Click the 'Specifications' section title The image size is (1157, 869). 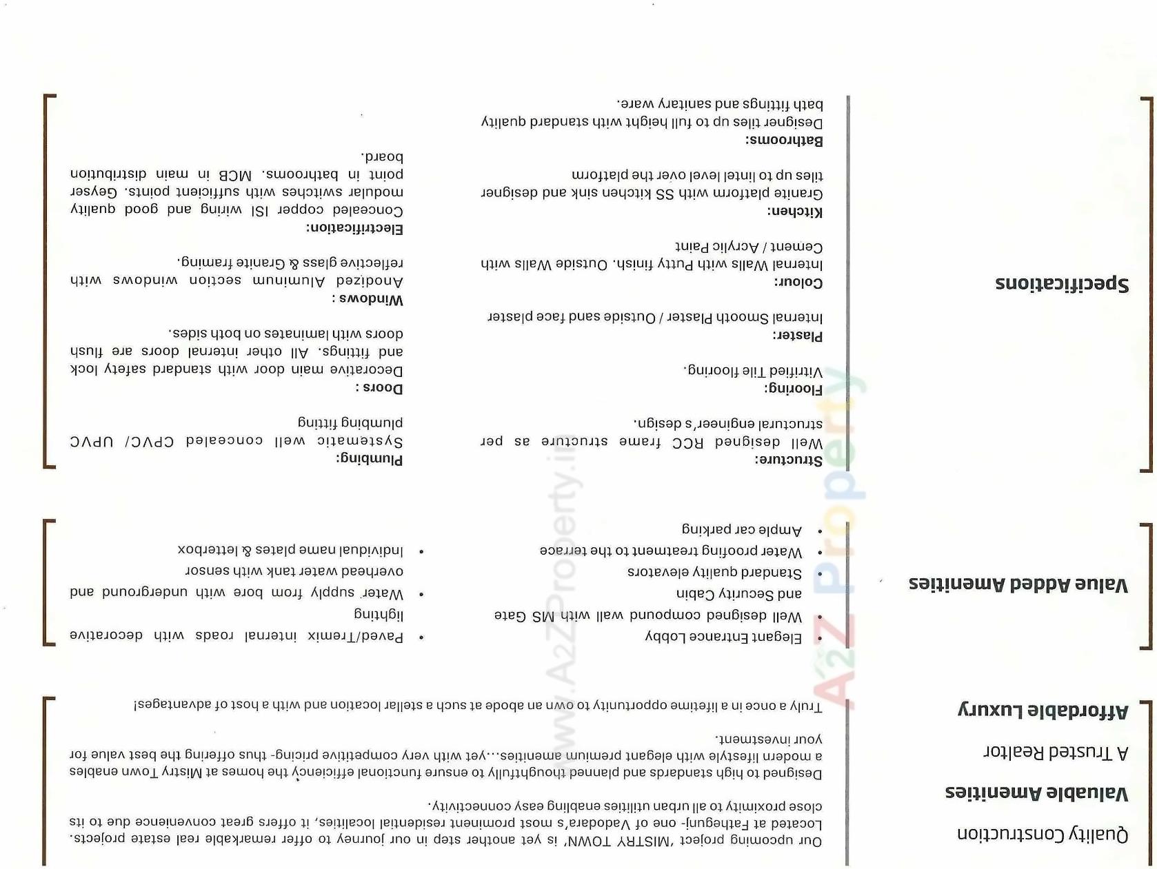coord(1061,283)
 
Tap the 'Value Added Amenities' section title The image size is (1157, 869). coord(1018,584)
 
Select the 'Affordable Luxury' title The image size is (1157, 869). coord(1042,710)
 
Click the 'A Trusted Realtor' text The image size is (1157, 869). coord(1055,752)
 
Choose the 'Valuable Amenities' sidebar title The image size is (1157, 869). coord(1036,793)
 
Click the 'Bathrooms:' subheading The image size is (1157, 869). coord(783,141)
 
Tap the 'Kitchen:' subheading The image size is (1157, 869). coord(794,212)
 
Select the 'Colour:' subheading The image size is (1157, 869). coord(798,283)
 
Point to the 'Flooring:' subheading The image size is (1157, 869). coord(793,389)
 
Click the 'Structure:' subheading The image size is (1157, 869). coord(788,460)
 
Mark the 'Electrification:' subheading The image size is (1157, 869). coord(354,229)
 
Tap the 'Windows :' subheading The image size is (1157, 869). coord(367,300)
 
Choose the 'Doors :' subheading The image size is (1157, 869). coord(379,388)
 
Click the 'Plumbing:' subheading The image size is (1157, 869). coord(369,459)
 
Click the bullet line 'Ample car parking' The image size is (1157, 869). coord(741,529)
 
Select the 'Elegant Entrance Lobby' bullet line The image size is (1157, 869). coord(723,637)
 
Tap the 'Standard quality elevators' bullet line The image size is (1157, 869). coord(714,572)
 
